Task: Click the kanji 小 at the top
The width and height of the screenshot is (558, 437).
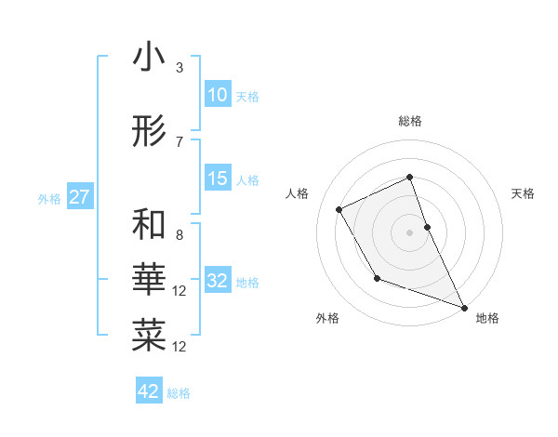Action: click(x=149, y=59)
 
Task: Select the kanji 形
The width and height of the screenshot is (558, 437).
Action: click(x=149, y=133)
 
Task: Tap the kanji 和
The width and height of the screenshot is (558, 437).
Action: click(x=149, y=225)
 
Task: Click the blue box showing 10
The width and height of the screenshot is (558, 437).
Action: click(x=217, y=95)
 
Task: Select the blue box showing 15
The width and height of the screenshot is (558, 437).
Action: click(x=217, y=179)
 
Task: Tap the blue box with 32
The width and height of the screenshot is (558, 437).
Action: click(x=217, y=281)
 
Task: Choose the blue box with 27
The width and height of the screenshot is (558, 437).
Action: click(x=79, y=197)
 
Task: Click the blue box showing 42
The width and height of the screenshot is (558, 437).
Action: click(x=149, y=391)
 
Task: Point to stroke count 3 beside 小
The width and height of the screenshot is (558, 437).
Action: click(x=179, y=68)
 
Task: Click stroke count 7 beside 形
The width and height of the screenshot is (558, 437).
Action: click(x=179, y=142)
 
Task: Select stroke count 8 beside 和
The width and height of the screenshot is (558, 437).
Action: click(x=179, y=235)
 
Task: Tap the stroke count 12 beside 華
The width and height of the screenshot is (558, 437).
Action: click(x=179, y=291)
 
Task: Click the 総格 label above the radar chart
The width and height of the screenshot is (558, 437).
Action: click(x=409, y=121)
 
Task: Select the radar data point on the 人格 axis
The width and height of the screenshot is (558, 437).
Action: click(x=339, y=209)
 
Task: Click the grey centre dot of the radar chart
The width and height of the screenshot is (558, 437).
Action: click(x=409, y=232)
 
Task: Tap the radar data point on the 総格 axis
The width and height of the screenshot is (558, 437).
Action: click(x=409, y=177)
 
